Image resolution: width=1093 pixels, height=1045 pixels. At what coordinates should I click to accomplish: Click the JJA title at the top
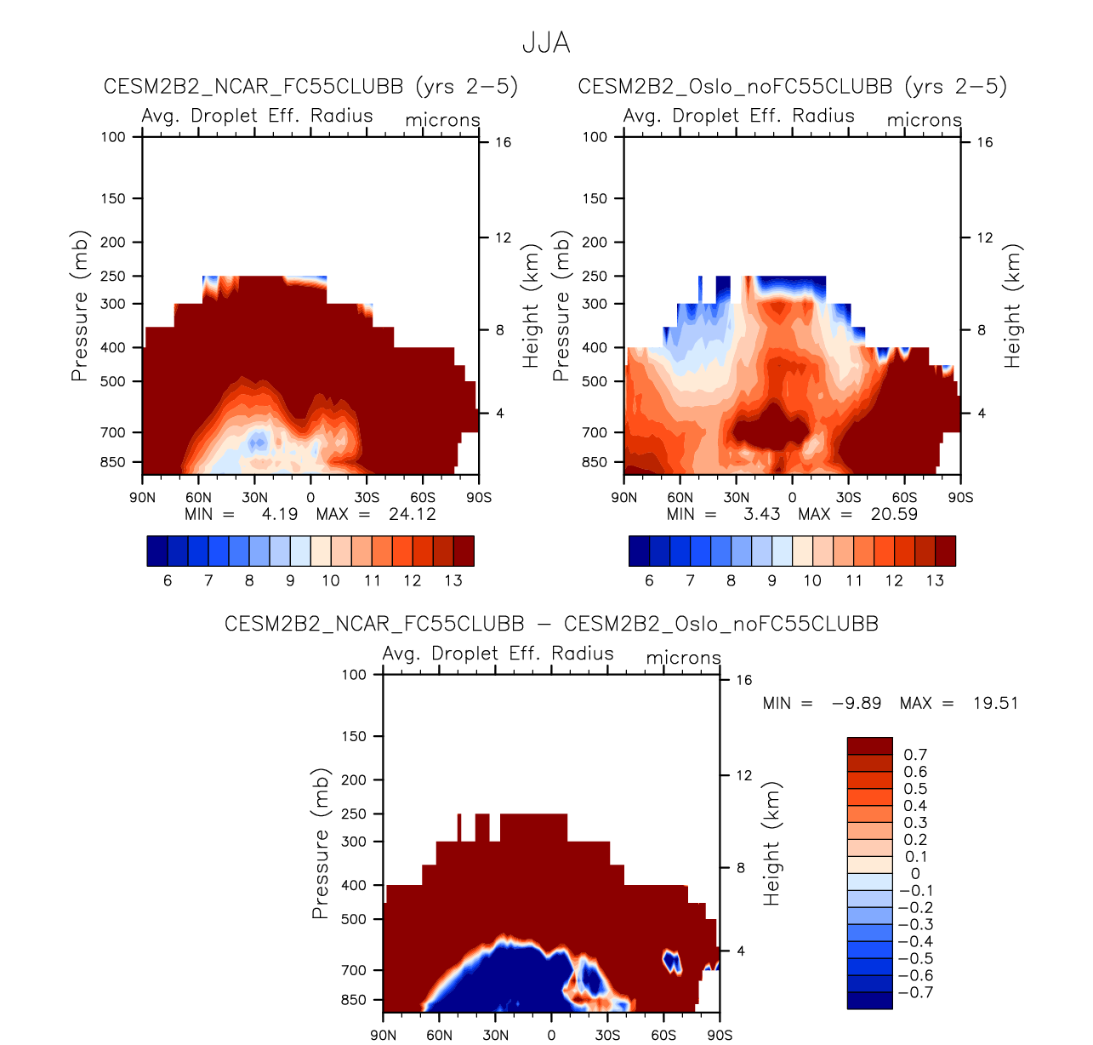click(546, 43)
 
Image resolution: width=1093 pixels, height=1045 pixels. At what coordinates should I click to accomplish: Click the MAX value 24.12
click(412, 514)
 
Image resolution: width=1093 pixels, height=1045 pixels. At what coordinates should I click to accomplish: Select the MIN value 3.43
click(761, 514)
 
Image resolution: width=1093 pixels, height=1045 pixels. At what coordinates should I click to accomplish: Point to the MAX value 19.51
click(995, 704)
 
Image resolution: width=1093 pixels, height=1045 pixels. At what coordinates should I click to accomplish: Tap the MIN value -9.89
click(856, 704)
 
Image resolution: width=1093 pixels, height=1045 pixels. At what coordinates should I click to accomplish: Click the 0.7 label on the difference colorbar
click(915, 755)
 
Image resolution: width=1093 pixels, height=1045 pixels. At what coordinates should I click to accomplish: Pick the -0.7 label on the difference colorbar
click(915, 992)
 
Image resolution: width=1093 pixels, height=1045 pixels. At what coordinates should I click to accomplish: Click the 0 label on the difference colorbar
click(914, 873)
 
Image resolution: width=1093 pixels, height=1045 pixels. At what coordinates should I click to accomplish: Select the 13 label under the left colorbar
click(453, 580)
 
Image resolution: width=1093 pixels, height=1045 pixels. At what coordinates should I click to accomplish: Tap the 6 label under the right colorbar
click(649, 580)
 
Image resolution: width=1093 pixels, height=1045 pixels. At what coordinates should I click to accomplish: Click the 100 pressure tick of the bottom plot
click(354, 675)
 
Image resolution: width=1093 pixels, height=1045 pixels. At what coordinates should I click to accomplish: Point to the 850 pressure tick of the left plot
click(112, 462)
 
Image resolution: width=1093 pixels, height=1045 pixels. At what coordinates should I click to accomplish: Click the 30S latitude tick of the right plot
click(848, 498)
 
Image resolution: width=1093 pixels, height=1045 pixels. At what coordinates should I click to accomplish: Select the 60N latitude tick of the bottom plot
click(439, 1035)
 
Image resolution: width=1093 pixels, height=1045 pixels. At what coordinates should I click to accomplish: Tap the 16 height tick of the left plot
click(503, 142)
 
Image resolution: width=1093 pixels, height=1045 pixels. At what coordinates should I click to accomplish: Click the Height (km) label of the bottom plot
click(771, 844)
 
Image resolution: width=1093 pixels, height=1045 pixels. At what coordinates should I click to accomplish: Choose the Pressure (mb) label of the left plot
click(80, 306)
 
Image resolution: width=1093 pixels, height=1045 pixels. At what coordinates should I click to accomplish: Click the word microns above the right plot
click(924, 120)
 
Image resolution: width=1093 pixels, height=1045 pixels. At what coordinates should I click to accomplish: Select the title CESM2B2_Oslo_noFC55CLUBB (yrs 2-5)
click(792, 87)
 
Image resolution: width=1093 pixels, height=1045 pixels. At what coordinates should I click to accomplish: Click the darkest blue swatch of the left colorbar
click(157, 551)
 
